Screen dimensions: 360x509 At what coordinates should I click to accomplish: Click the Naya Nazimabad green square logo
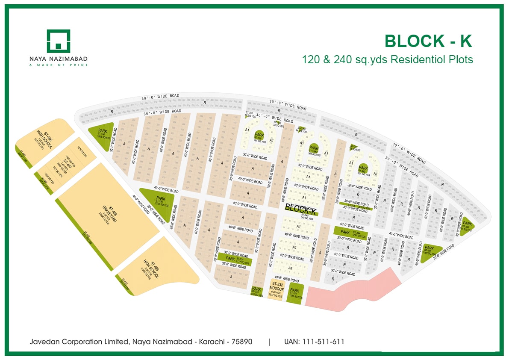tap(58, 41)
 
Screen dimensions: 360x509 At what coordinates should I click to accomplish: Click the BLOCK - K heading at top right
tap(428, 41)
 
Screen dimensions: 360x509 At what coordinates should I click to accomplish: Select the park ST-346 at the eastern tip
tap(467, 224)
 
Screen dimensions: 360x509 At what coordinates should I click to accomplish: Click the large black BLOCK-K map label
tap(301, 209)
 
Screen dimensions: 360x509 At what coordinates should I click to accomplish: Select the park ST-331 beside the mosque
tap(294, 293)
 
